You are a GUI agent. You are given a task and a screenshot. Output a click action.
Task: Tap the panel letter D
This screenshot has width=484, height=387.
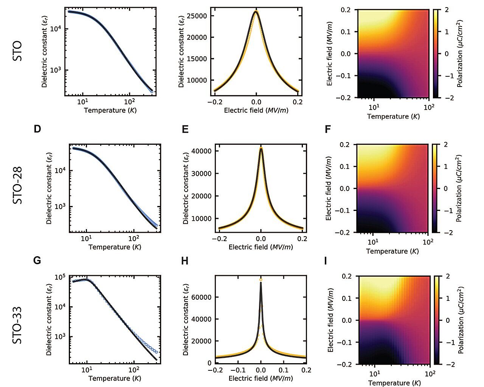pyautogui.click(x=37, y=129)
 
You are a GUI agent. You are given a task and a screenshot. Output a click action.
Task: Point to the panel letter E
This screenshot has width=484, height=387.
pyautogui.click(x=185, y=130)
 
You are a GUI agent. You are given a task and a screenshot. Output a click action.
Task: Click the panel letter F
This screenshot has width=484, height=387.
pyautogui.click(x=328, y=130)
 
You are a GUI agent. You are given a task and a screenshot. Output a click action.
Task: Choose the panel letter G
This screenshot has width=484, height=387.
pyautogui.click(x=37, y=261)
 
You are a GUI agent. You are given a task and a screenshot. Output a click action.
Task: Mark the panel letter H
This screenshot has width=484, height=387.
pyautogui.click(x=185, y=261)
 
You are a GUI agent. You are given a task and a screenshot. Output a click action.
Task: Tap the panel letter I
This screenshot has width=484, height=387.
pyautogui.click(x=326, y=261)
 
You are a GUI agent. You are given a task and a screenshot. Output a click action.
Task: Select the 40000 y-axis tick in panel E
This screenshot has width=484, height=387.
pyautogui.click(x=202, y=151)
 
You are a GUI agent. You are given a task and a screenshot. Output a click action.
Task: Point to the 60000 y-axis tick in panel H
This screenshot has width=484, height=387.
pyautogui.click(x=202, y=297)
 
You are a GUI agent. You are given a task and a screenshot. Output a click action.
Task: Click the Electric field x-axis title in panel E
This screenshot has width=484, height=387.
pyautogui.click(x=261, y=247)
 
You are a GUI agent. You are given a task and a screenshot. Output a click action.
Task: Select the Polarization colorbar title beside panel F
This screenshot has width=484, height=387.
pyautogui.click(x=459, y=188)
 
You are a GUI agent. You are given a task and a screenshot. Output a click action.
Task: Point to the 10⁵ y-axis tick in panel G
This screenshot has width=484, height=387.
pyautogui.click(x=60, y=277)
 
